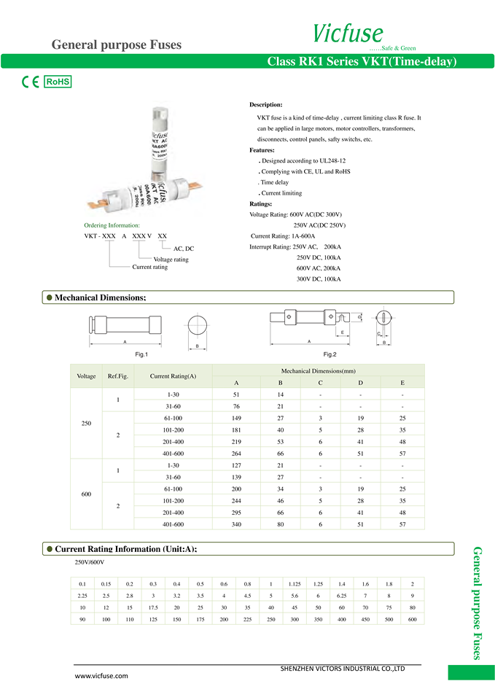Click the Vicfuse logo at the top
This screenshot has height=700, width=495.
click(x=348, y=34)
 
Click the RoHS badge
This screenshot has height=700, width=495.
click(x=58, y=82)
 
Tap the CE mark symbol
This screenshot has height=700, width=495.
click(x=30, y=82)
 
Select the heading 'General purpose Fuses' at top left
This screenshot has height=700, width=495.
click(x=116, y=45)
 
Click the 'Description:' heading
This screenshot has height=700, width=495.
click(x=265, y=105)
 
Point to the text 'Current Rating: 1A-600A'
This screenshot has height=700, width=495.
click(x=283, y=236)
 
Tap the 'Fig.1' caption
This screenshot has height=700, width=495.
click(x=141, y=354)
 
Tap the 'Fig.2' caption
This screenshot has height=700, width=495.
click(x=330, y=354)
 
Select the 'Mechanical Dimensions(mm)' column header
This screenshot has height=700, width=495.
click(x=318, y=371)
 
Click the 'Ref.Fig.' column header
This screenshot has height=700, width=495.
click(x=118, y=376)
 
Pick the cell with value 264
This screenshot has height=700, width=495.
click(x=236, y=454)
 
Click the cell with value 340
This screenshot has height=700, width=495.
click(x=236, y=524)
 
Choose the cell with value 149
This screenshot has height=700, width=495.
click(x=236, y=419)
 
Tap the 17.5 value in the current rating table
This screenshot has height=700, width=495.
click(x=153, y=607)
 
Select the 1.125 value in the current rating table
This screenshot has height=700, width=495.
click(x=295, y=583)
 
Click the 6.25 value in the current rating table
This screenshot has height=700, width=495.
click(x=341, y=595)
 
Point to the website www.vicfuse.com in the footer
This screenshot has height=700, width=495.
click(x=102, y=676)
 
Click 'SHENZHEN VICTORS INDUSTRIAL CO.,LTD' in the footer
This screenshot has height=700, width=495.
click(x=342, y=668)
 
